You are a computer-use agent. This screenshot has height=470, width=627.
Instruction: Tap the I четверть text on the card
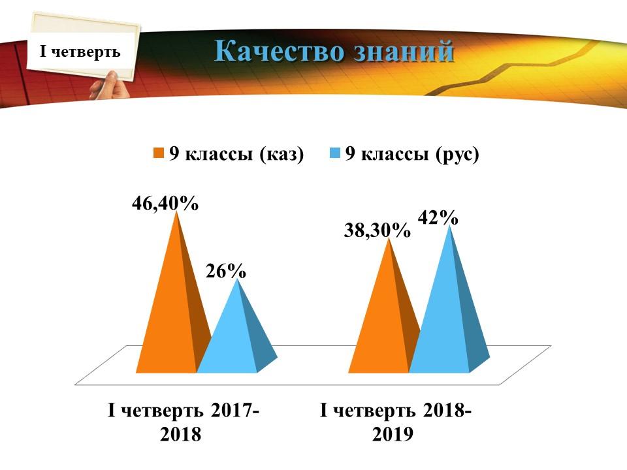click(x=80, y=51)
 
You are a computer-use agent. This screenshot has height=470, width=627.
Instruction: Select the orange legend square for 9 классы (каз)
click(x=159, y=153)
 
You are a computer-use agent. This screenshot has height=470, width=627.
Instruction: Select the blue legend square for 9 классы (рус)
click(x=334, y=153)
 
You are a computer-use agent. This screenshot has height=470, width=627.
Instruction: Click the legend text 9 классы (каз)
click(x=236, y=154)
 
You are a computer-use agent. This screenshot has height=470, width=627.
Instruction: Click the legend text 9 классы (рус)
click(x=412, y=154)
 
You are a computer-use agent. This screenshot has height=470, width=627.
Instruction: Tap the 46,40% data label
click(x=165, y=203)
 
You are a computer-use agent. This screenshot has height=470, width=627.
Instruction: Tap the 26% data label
click(x=226, y=272)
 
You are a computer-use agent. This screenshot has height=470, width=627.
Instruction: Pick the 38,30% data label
click(x=377, y=230)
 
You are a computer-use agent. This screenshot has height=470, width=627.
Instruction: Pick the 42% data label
click(x=438, y=218)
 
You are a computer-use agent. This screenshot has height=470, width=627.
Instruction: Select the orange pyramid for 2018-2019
click(x=384, y=320)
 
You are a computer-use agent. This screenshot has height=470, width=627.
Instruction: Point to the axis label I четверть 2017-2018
click(x=183, y=422)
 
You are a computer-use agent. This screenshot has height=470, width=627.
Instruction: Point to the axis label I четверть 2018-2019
click(x=395, y=422)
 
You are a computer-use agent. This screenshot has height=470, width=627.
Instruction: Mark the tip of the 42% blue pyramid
click(x=450, y=225)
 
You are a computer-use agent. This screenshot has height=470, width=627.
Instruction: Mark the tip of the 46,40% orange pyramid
click(x=176, y=211)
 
